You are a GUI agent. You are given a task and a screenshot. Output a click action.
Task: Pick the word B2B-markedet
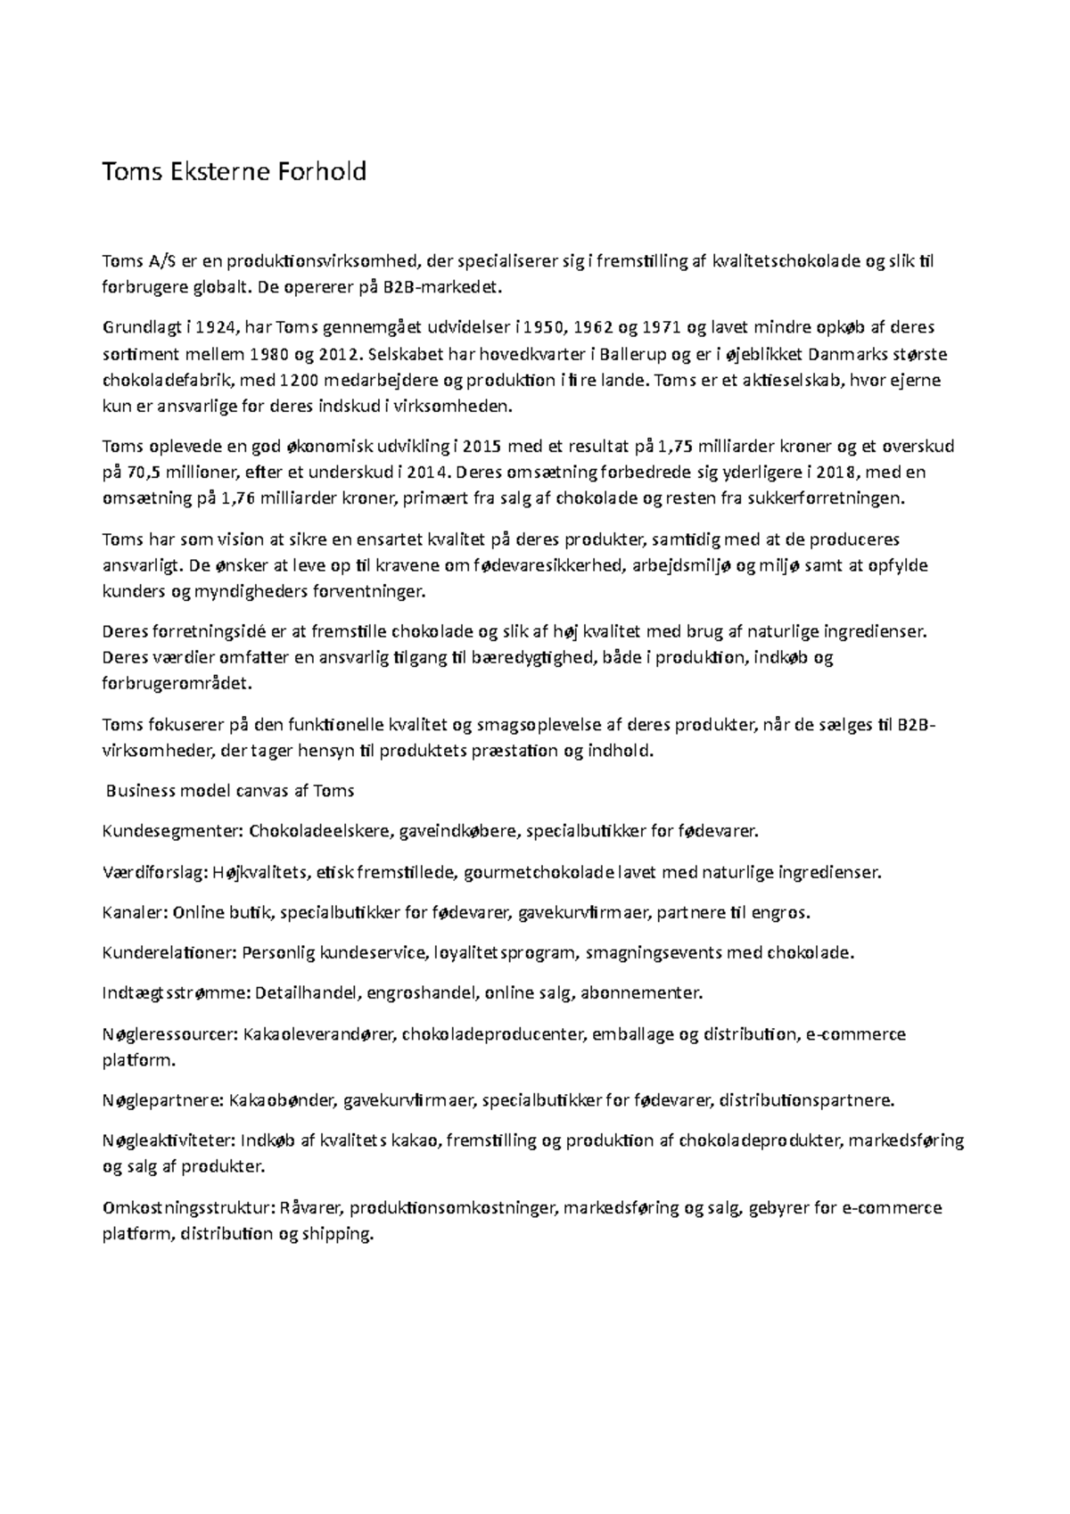click(444, 288)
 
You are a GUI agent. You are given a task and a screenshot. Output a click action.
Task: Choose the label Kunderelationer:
click(169, 953)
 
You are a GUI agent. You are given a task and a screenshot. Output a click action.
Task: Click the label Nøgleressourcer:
click(169, 1034)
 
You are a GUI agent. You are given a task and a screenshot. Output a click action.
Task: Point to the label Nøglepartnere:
click(163, 1100)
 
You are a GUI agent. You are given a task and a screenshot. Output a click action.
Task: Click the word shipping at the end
click(337, 1235)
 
